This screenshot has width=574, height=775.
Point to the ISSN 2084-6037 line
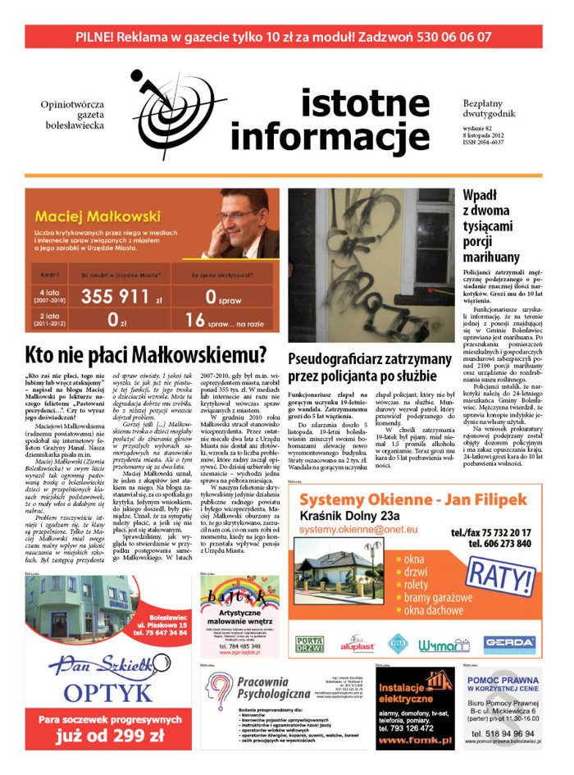(x=491, y=147)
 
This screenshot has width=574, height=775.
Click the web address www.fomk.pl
(x=413, y=741)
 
